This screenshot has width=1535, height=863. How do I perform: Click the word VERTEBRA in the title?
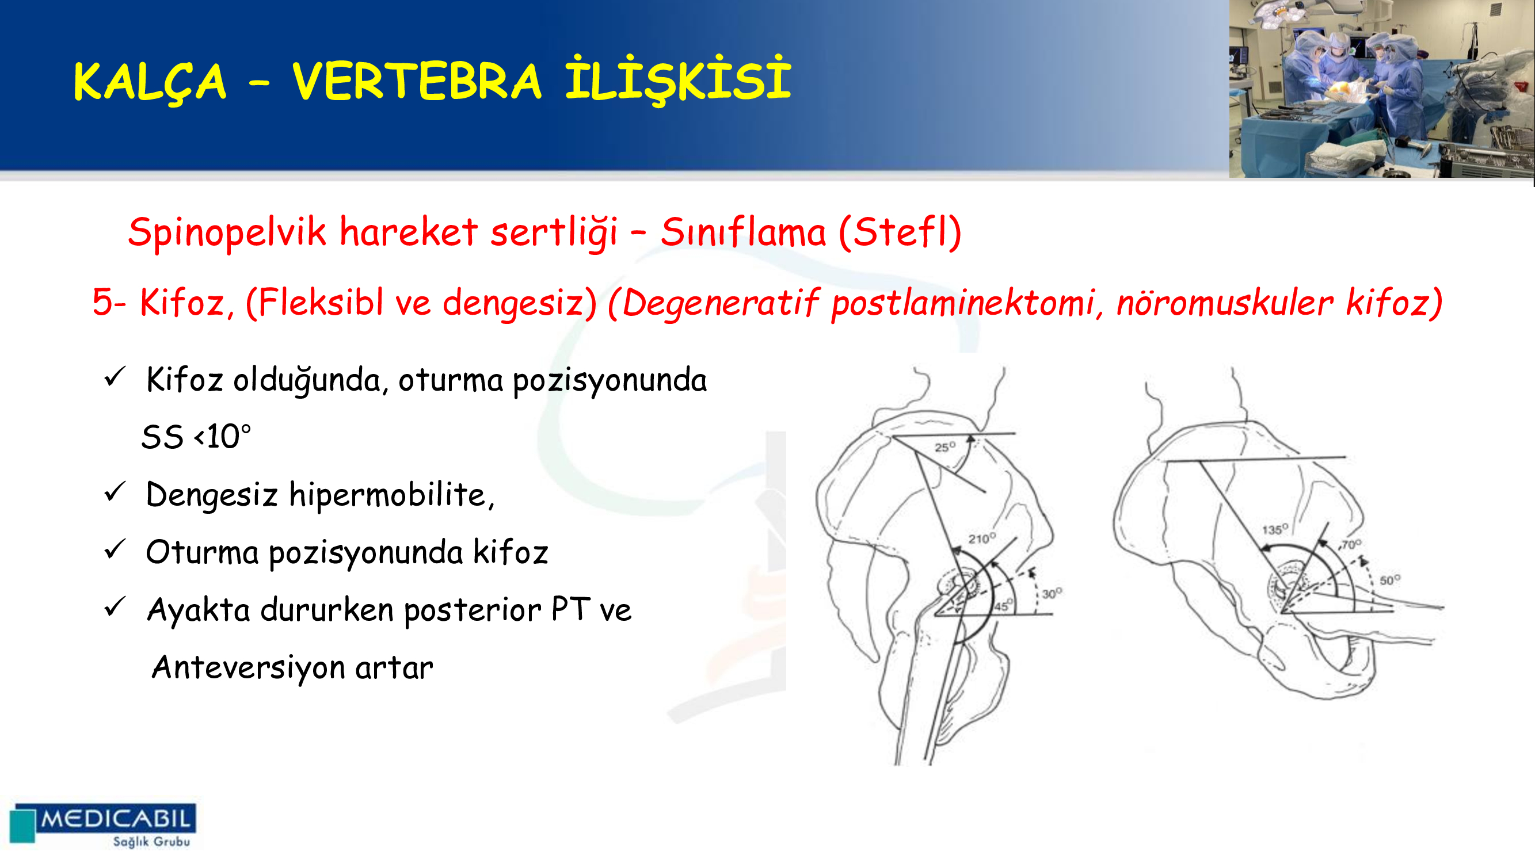(417, 81)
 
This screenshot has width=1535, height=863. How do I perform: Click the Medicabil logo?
(103, 825)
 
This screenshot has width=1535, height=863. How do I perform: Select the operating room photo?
(1381, 89)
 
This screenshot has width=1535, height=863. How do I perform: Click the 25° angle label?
(945, 446)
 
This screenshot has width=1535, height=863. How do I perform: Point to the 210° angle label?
(982, 538)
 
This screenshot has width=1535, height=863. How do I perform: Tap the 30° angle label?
(1052, 593)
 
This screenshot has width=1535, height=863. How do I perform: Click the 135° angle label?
(1275, 529)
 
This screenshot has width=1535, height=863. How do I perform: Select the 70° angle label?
(1351, 544)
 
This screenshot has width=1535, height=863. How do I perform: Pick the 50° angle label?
(1390, 579)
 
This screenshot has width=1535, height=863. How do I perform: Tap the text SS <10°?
(196, 437)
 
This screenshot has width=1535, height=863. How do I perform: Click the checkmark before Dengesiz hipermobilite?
(115, 492)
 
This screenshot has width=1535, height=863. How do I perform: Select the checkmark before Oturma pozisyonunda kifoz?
(115, 549)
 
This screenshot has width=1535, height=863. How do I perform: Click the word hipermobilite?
(391, 495)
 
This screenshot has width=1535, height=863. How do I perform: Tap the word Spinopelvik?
(227, 233)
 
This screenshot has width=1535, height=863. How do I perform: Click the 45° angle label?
(1002, 606)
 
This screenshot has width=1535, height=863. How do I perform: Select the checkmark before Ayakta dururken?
(115, 607)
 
